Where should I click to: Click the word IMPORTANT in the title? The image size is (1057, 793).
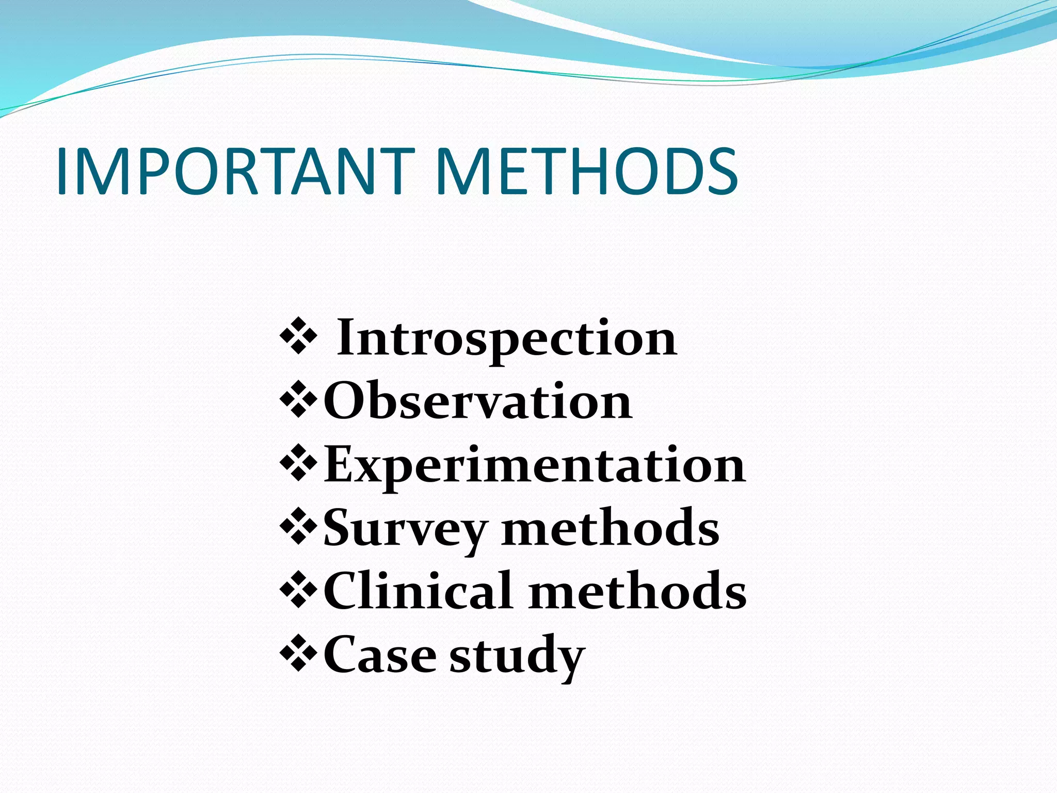click(x=235, y=171)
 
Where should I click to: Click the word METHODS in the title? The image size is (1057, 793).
click(x=587, y=171)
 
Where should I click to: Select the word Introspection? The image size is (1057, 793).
click(x=506, y=338)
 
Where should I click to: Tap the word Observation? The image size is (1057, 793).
click(x=477, y=402)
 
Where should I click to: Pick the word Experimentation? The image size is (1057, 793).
click(x=534, y=465)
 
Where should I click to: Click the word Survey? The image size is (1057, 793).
click(x=405, y=529)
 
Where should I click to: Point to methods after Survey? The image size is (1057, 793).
click(x=610, y=529)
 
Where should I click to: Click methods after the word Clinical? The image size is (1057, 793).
click(x=637, y=592)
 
